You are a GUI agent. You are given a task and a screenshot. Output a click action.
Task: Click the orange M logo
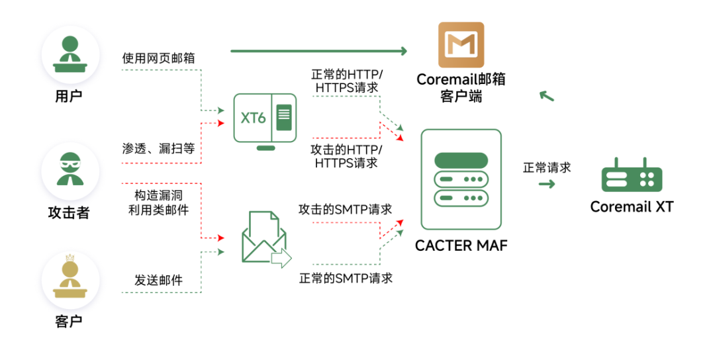tap(461, 44)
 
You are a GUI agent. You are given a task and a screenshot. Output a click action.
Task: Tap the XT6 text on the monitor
tap(253, 118)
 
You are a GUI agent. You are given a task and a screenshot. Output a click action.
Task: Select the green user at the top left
tap(70, 54)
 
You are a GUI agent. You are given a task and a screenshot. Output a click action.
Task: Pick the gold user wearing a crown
tap(70, 278)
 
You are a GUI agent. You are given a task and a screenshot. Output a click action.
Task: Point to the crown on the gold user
tap(70, 257)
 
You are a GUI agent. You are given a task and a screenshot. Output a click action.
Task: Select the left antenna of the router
tap(616, 162)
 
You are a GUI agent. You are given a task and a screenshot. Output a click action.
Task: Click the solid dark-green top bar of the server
tap(461, 160)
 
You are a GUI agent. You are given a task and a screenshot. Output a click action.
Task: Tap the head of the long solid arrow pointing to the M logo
tap(404, 51)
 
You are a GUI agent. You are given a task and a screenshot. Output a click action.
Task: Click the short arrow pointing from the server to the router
tap(547, 184)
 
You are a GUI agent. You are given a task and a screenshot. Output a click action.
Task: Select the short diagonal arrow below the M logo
tap(546, 96)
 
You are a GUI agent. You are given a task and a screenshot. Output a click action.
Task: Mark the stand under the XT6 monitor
tap(265, 148)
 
